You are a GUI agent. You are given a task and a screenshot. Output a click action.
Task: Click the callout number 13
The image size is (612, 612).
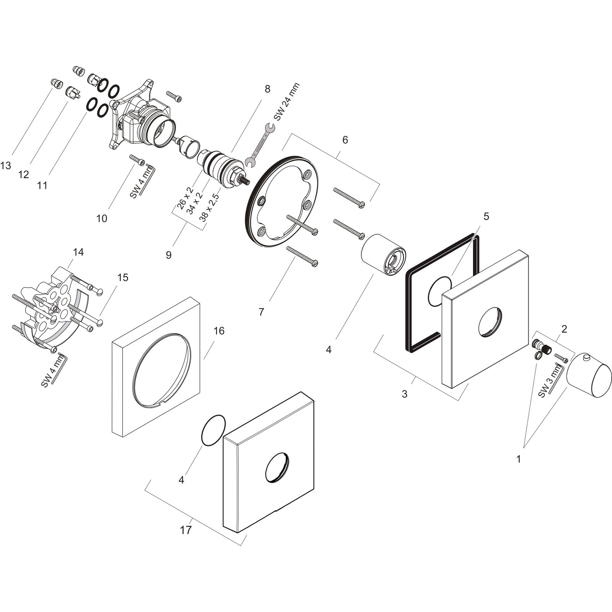pyautogui.click(x=6, y=165)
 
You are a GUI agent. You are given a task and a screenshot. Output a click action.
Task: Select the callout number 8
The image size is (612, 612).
pyautogui.click(x=267, y=89)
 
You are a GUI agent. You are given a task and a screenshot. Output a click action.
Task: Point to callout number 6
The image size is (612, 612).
pyautogui.click(x=345, y=140)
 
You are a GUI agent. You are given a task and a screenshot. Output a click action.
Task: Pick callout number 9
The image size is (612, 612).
pyautogui.click(x=169, y=255)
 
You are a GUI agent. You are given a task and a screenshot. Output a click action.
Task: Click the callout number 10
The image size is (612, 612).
pyautogui.click(x=102, y=219)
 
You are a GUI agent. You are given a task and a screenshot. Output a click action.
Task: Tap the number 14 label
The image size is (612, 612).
pyautogui.click(x=78, y=252)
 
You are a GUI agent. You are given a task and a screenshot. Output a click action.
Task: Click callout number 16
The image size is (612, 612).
pyautogui.click(x=219, y=330)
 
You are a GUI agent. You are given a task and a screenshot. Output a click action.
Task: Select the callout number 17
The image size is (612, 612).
pyautogui.click(x=186, y=531)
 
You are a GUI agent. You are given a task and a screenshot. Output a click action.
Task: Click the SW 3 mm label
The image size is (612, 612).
pyautogui.click(x=550, y=381)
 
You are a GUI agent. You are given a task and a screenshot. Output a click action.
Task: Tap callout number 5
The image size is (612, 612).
pyautogui.click(x=486, y=216)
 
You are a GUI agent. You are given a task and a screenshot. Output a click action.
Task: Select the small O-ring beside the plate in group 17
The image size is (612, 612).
pyautogui.click(x=213, y=430)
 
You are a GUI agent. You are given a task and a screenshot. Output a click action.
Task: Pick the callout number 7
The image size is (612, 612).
pyautogui.click(x=261, y=312)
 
